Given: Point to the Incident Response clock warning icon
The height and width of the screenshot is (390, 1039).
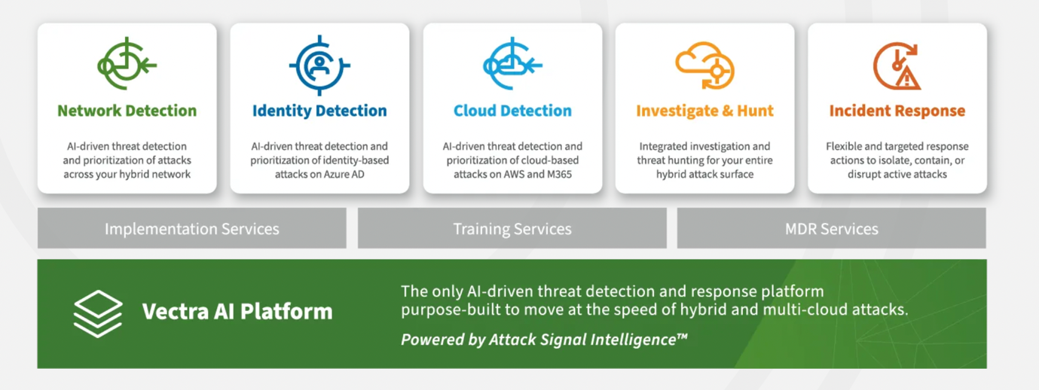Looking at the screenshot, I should point(897,66).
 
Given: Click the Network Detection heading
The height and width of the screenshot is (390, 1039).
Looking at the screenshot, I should point(127,111).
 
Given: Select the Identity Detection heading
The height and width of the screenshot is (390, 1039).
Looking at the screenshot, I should point(319,111).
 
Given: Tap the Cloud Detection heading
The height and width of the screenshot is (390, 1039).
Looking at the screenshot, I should point(512,111).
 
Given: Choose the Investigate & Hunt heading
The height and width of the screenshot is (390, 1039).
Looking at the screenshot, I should point(704,111).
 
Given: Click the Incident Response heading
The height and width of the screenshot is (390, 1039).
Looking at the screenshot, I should point(897,111).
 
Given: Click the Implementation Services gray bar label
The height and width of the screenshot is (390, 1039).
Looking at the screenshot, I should point(191,229).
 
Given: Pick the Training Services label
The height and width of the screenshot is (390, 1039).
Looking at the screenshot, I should point(512,229).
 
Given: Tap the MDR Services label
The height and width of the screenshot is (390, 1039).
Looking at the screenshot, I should point(832,229).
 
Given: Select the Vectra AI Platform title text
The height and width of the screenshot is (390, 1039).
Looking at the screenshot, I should point(237,311).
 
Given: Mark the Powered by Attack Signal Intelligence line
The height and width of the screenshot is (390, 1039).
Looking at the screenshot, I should point(544,340).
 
